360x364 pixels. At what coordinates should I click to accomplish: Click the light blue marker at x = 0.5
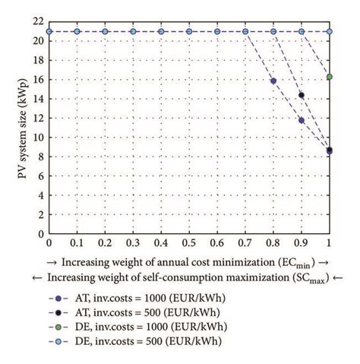coord(189,31)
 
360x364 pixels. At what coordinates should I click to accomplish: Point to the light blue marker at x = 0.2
coord(105,31)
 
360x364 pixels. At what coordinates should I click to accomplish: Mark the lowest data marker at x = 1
coord(329,151)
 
